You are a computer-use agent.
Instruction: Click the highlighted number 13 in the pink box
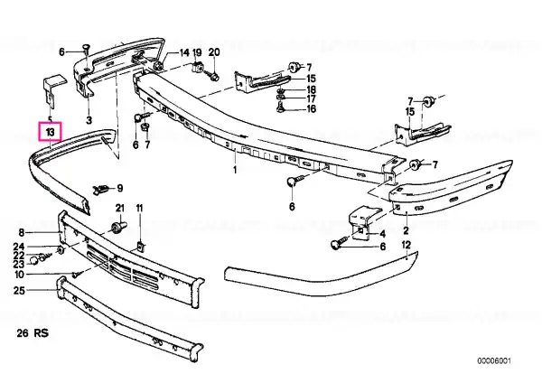[x=50, y=132]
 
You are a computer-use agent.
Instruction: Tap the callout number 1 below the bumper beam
[x=235, y=170]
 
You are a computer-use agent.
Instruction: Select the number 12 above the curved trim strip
[x=406, y=245]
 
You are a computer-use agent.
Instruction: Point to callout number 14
[x=184, y=52]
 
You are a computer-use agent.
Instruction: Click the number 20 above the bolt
[x=214, y=52]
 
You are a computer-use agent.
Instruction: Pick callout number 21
[x=119, y=208]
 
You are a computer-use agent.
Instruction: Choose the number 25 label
[x=19, y=290]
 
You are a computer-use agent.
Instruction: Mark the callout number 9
[x=119, y=189]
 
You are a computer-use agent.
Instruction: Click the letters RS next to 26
[x=42, y=333]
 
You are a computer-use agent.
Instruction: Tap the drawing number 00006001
[x=494, y=361]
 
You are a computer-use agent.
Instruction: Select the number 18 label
[x=311, y=89]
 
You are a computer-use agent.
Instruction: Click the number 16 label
[x=311, y=109]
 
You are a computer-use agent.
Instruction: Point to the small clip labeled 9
[x=100, y=190]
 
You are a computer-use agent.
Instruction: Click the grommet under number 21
[x=118, y=227]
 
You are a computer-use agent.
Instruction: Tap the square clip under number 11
[x=140, y=247]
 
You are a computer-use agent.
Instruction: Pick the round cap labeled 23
[x=33, y=260]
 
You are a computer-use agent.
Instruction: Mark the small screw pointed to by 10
[x=77, y=275]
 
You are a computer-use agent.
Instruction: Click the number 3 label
[x=89, y=120]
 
